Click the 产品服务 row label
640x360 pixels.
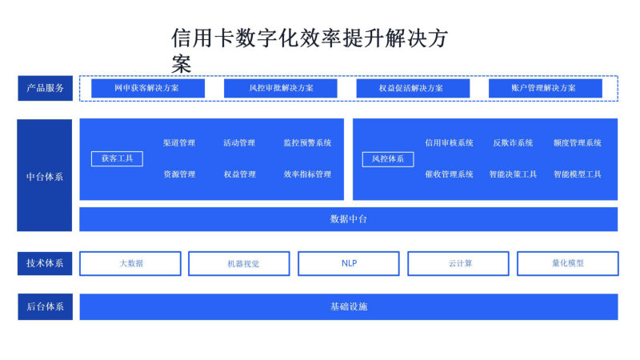point(46,88)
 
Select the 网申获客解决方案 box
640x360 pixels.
point(148,88)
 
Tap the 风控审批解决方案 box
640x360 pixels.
point(281,88)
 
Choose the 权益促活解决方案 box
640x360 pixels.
point(413,88)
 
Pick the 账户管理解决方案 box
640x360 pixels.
point(546,88)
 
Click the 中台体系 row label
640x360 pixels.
point(45,175)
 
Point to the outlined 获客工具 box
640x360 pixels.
point(117,158)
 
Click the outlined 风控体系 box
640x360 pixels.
point(388,159)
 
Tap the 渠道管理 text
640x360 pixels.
point(179,143)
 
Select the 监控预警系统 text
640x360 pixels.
point(307,143)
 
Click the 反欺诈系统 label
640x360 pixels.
point(513,143)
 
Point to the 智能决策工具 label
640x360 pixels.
point(513,174)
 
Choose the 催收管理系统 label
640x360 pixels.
point(449,174)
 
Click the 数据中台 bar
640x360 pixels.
point(348,219)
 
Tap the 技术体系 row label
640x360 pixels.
point(45,264)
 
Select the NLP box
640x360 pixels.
point(349,264)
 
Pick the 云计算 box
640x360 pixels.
point(458,264)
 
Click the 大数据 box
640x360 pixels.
point(130,264)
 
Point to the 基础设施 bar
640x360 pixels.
point(349,306)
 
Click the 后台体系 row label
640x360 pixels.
point(46,306)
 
